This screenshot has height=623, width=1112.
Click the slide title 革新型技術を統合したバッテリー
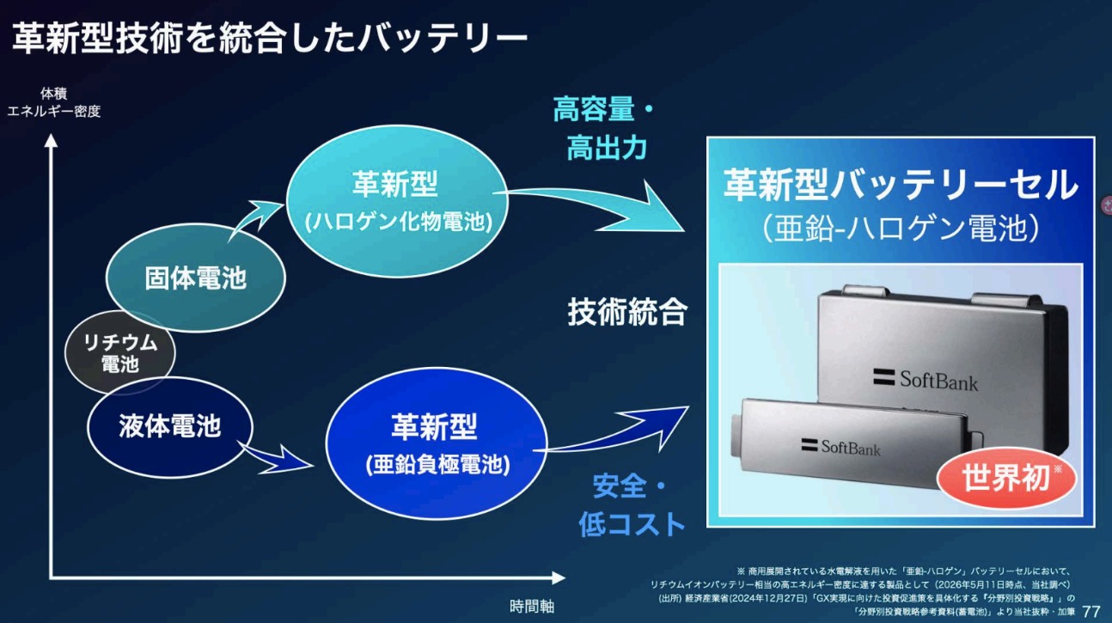(270, 38)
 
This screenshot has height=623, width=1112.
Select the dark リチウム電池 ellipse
(119, 352)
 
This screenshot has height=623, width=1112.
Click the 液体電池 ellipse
(170, 427)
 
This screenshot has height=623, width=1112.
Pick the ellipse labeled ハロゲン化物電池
(398, 200)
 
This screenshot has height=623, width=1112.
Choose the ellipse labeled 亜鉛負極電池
(437, 443)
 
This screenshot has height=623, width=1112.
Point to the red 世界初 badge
(1006, 478)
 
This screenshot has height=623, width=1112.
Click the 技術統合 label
(627, 312)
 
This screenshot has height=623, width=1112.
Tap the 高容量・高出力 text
(604, 128)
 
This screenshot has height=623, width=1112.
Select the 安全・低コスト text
(632, 505)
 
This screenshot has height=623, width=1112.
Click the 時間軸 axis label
(532, 607)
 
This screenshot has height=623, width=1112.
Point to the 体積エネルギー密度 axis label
(53, 102)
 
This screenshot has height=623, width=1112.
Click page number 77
(1091, 611)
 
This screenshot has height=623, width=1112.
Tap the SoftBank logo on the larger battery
(926, 381)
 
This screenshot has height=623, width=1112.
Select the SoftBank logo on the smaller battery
(840, 447)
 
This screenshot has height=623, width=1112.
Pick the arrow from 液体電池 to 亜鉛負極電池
(276, 456)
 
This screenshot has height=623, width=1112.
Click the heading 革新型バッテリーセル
(901, 184)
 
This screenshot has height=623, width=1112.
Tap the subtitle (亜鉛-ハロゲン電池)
(901, 229)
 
